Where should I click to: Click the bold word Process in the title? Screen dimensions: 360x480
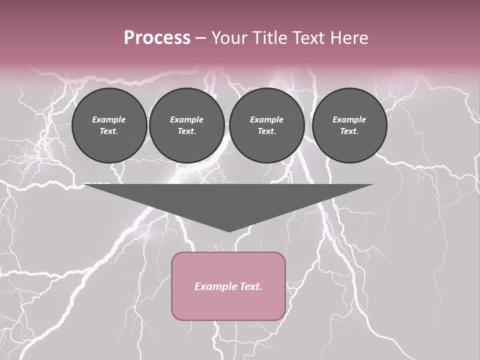click(x=157, y=38)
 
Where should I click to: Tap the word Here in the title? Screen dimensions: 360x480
click(x=349, y=38)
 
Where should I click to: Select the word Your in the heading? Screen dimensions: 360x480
click(x=229, y=38)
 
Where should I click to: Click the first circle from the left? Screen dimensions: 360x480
click(x=109, y=125)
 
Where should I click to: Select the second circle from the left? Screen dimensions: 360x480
click(x=186, y=125)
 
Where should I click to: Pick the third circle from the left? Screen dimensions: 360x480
click(x=266, y=125)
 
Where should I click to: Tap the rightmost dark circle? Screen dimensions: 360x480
click(x=349, y=125)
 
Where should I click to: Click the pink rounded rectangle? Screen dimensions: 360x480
click(x=228, y=286)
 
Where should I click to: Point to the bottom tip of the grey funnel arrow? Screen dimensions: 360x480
click(x=229, y=231)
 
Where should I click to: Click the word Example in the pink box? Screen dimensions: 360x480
click(x=214, y=286)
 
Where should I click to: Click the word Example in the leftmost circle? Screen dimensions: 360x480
click(x=109, y=119)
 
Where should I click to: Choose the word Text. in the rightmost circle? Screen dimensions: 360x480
click(x=349, y=131)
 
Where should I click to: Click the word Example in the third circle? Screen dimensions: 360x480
click(x=266, y=119)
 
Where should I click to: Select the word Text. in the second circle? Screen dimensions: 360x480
click(x=186, y=131)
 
